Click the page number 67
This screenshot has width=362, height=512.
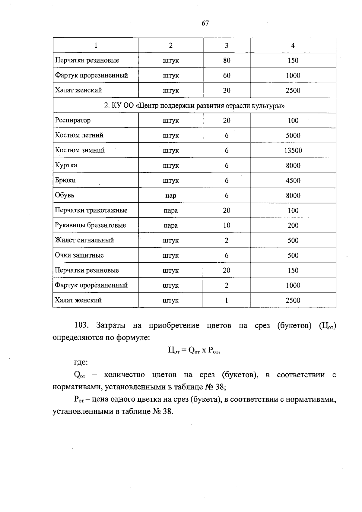click(205, 23)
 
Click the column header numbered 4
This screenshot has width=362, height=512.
click(293, 46)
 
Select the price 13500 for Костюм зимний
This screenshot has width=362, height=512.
click(293, 150)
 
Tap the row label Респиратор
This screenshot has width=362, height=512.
click(73, 120)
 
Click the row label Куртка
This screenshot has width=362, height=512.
click(66, 165)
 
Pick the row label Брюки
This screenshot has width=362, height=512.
click(65, 180)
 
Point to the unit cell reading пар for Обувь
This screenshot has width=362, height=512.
click(171, 196)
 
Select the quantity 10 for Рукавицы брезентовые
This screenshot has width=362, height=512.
click(227, 226)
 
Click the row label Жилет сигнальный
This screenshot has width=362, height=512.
click(84, 240)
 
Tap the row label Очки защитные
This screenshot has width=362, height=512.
click(79, 255)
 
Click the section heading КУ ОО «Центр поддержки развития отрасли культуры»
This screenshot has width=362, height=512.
click(195, 106)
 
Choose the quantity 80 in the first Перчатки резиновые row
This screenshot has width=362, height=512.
click(227, 61)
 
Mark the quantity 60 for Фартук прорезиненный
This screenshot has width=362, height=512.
click(227, 75)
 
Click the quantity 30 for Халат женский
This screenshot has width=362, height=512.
click(227, 90)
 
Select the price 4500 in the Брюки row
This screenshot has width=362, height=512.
click(293, 181)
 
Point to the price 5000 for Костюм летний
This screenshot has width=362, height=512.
click(293, 135)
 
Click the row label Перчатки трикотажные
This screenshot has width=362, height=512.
click(91, 210)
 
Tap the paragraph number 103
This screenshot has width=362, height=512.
click(81, 325)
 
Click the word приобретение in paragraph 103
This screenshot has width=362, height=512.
click(174, 325)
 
